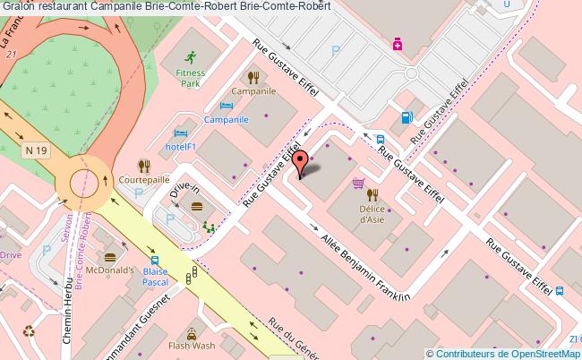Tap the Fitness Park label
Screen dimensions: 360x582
[x=190, y=77]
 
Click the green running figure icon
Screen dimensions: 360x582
[x=190, y=56]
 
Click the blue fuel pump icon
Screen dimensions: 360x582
[x=407, y=116]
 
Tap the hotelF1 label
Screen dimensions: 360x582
[x=181, y=146]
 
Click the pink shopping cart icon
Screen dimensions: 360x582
[x=359, y=185]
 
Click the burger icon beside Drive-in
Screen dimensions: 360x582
[x=197, y=207]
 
